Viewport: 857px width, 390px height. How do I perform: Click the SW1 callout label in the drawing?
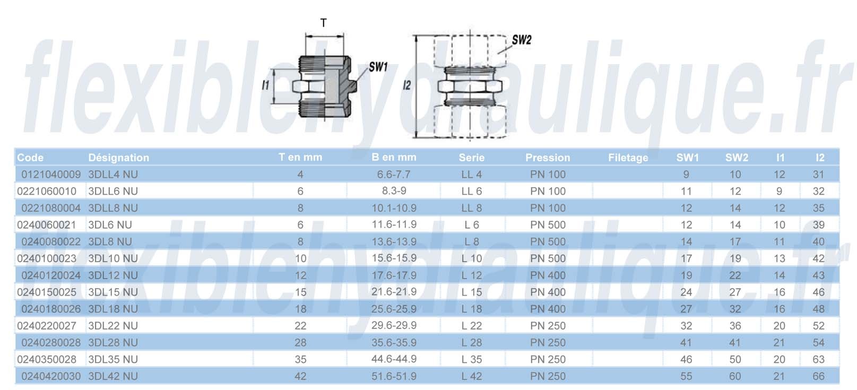click(x=378, y=67)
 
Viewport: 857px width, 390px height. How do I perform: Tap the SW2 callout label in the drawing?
click(x=522, y=40)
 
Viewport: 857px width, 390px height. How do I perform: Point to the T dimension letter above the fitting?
click(x=323, y=23)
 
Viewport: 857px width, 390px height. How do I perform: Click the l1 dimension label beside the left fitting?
click(x=265, y=85)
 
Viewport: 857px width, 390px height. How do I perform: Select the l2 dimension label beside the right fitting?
click(x=406, y=85)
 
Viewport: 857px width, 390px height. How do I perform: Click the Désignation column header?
click(x=119, y=158)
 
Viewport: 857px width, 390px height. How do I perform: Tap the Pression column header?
click(x=548, y=158)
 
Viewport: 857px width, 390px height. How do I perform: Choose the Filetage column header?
click(x=628, y=158)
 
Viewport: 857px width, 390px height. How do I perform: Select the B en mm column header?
click(x=394, y=157)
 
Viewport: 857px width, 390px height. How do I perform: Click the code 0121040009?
click(x=51, y=175)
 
